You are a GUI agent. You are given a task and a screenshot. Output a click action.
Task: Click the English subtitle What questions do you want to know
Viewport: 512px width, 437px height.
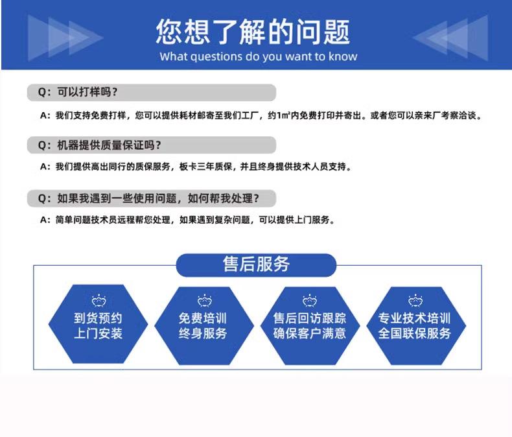(x=258, y=56)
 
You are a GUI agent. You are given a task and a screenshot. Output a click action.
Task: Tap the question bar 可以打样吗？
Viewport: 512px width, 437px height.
(x=151, y=92)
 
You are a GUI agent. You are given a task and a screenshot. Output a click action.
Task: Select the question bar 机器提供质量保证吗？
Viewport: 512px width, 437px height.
(x=151, y=145)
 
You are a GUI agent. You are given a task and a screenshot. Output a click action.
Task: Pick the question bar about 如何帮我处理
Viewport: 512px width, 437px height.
(x=151, y=198)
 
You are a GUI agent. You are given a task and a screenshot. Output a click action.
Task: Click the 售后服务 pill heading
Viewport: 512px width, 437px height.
(x=256, y=265)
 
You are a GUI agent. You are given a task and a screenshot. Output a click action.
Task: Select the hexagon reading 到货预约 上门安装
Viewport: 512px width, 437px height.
(x=98, y=325)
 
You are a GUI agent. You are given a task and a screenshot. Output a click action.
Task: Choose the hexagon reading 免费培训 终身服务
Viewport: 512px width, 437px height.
(x=203, y=325)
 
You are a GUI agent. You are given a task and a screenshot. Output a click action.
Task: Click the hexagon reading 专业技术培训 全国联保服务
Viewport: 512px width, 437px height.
(x=414, y=325)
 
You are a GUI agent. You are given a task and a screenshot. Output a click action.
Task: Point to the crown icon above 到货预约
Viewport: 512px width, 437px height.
(x=98, y=300)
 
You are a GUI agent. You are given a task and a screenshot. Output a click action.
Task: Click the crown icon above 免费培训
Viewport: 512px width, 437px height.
(x=203, y=300)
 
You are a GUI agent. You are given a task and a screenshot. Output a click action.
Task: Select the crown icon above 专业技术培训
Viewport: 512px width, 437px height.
(x=414, y=300)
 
